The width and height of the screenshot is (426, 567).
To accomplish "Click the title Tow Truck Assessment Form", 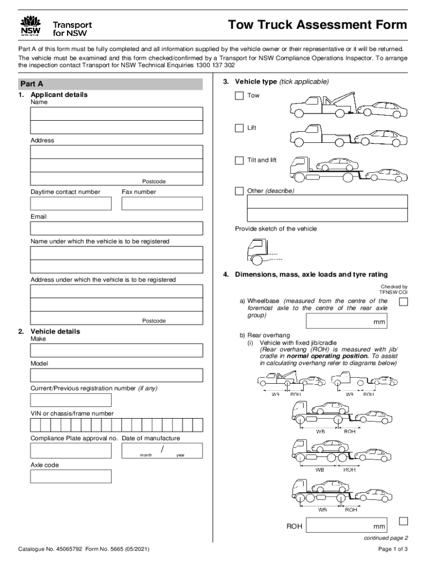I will (318, 25).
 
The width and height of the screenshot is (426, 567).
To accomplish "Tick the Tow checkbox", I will (239, 96).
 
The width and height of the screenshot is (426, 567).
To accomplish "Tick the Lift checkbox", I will (239, 128).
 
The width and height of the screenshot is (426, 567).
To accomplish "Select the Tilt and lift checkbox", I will (239, 161).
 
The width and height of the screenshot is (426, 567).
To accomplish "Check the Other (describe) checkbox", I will (239, 191).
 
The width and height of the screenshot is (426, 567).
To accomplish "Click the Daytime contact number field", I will (71, 203).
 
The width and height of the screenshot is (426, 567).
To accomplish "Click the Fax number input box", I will (162, 203).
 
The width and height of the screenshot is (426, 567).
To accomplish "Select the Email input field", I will (116, 228).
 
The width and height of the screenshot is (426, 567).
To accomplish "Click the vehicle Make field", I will (116, 350).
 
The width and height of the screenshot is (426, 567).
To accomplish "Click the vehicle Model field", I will (116, 375).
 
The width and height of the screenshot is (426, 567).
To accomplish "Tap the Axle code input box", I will (71, 476).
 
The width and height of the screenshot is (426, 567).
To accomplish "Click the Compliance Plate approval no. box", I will (71, 450).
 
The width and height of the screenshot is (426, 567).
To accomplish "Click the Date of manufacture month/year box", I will (162, 450).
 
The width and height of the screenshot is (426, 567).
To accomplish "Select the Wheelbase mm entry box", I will (346, 321).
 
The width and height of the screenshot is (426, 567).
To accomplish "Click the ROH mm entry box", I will (346, 525).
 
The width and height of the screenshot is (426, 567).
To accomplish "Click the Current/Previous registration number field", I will (71, 400).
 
